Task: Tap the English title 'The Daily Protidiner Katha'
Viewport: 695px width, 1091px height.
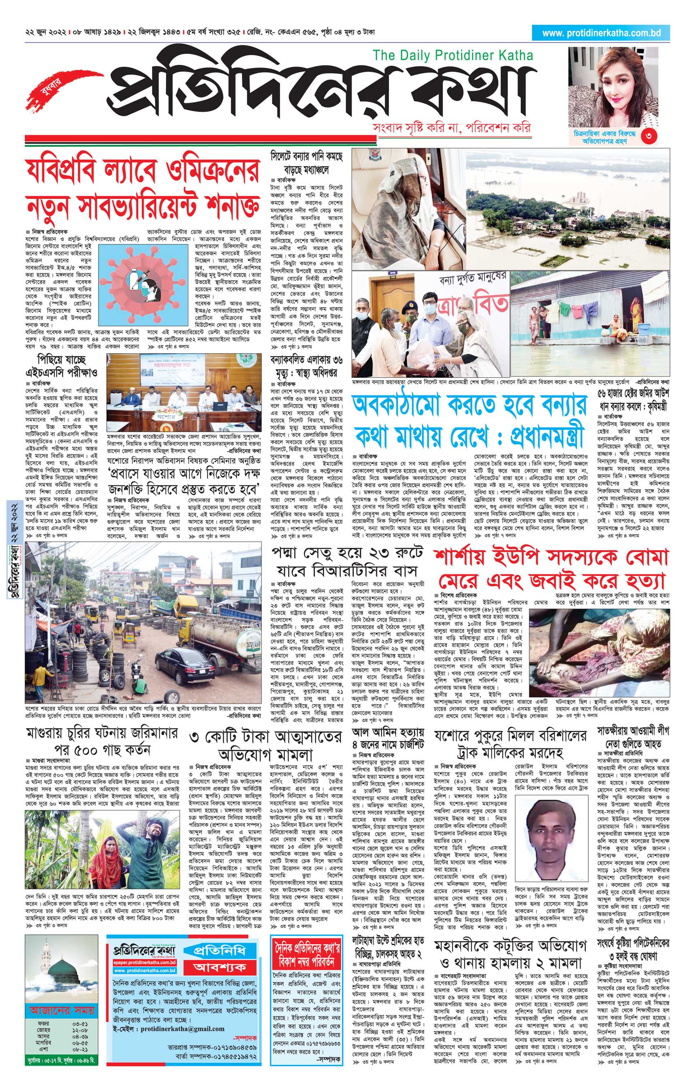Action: tap(453, 56)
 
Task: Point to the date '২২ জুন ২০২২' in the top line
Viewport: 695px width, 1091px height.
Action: tap(46, 33)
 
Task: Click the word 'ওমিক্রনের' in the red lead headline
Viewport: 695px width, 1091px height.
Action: tap(211, 171)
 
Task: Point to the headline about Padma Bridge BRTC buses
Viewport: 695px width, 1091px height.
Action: tap(347, 562)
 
